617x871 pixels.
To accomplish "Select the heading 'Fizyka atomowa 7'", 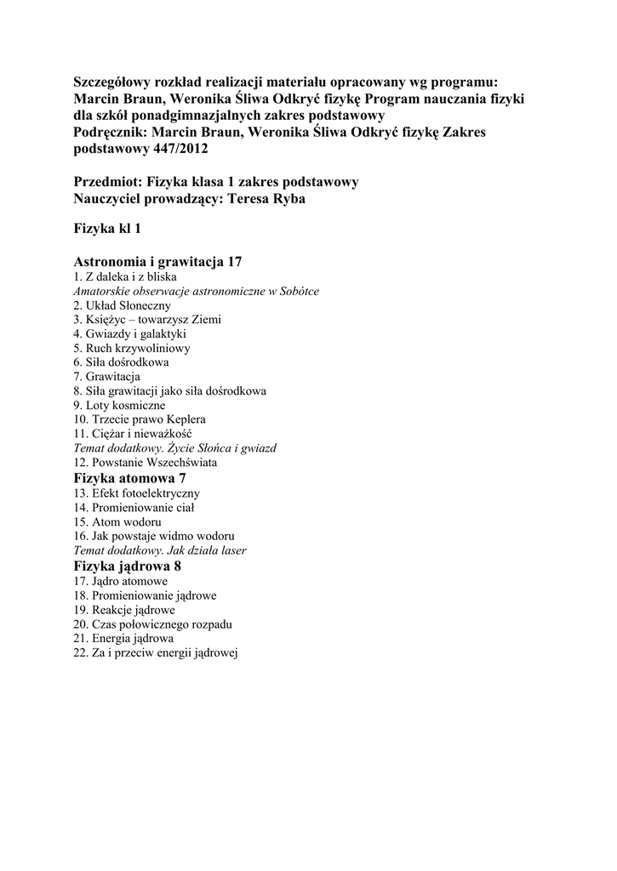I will [x=130, y=479].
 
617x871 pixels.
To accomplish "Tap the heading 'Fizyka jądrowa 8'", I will [x=128, y=566].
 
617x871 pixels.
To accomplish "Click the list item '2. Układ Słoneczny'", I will [x=123, y=305].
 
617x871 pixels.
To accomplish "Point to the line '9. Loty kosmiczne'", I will [x=119, y=406].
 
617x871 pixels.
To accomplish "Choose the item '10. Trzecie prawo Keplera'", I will [x=140, y=420].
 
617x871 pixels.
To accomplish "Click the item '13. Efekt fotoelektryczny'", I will [x=137, y=493].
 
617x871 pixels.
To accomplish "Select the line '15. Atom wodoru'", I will [x=117, y=522].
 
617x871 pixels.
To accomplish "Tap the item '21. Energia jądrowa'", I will [x=123, y=638].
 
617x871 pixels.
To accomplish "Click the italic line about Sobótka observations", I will [x=197, y=291].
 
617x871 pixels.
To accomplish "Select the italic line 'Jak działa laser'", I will [x=160, y=550].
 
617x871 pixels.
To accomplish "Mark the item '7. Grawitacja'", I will [x=107, y=377].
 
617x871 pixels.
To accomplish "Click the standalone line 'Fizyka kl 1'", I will [x=107, y=230].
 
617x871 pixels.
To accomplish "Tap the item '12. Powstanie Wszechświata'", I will [x=146, y=464].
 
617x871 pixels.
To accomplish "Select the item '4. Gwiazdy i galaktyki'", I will [x=130, y=334].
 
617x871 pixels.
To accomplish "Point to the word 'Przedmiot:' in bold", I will [x=108, y=182].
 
